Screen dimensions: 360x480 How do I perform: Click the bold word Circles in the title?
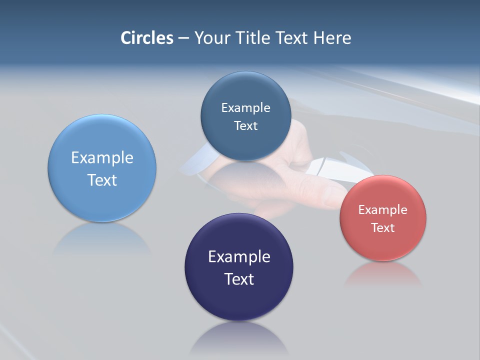(x=147, y=38)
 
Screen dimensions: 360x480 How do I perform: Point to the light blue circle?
(x=102, y=168)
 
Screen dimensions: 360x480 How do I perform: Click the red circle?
(x=383, y=218)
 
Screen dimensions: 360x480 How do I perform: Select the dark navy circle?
(x=239, y=267)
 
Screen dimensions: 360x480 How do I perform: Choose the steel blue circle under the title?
(x=245, y=116)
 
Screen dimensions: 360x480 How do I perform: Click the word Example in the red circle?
(x=383, y=210)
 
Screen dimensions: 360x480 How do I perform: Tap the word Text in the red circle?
(x=383, y=227)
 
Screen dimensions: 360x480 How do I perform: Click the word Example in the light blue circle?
(x=102, y=158)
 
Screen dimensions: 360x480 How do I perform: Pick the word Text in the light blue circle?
(x=102, y=180)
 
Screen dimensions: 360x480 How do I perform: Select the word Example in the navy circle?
(x=239, y=257)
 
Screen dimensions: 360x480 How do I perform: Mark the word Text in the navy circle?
(x=239, y=279)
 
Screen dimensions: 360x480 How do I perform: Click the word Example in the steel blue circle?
(x=245, y=107)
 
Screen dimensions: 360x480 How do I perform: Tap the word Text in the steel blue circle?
(x=245, y=125)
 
